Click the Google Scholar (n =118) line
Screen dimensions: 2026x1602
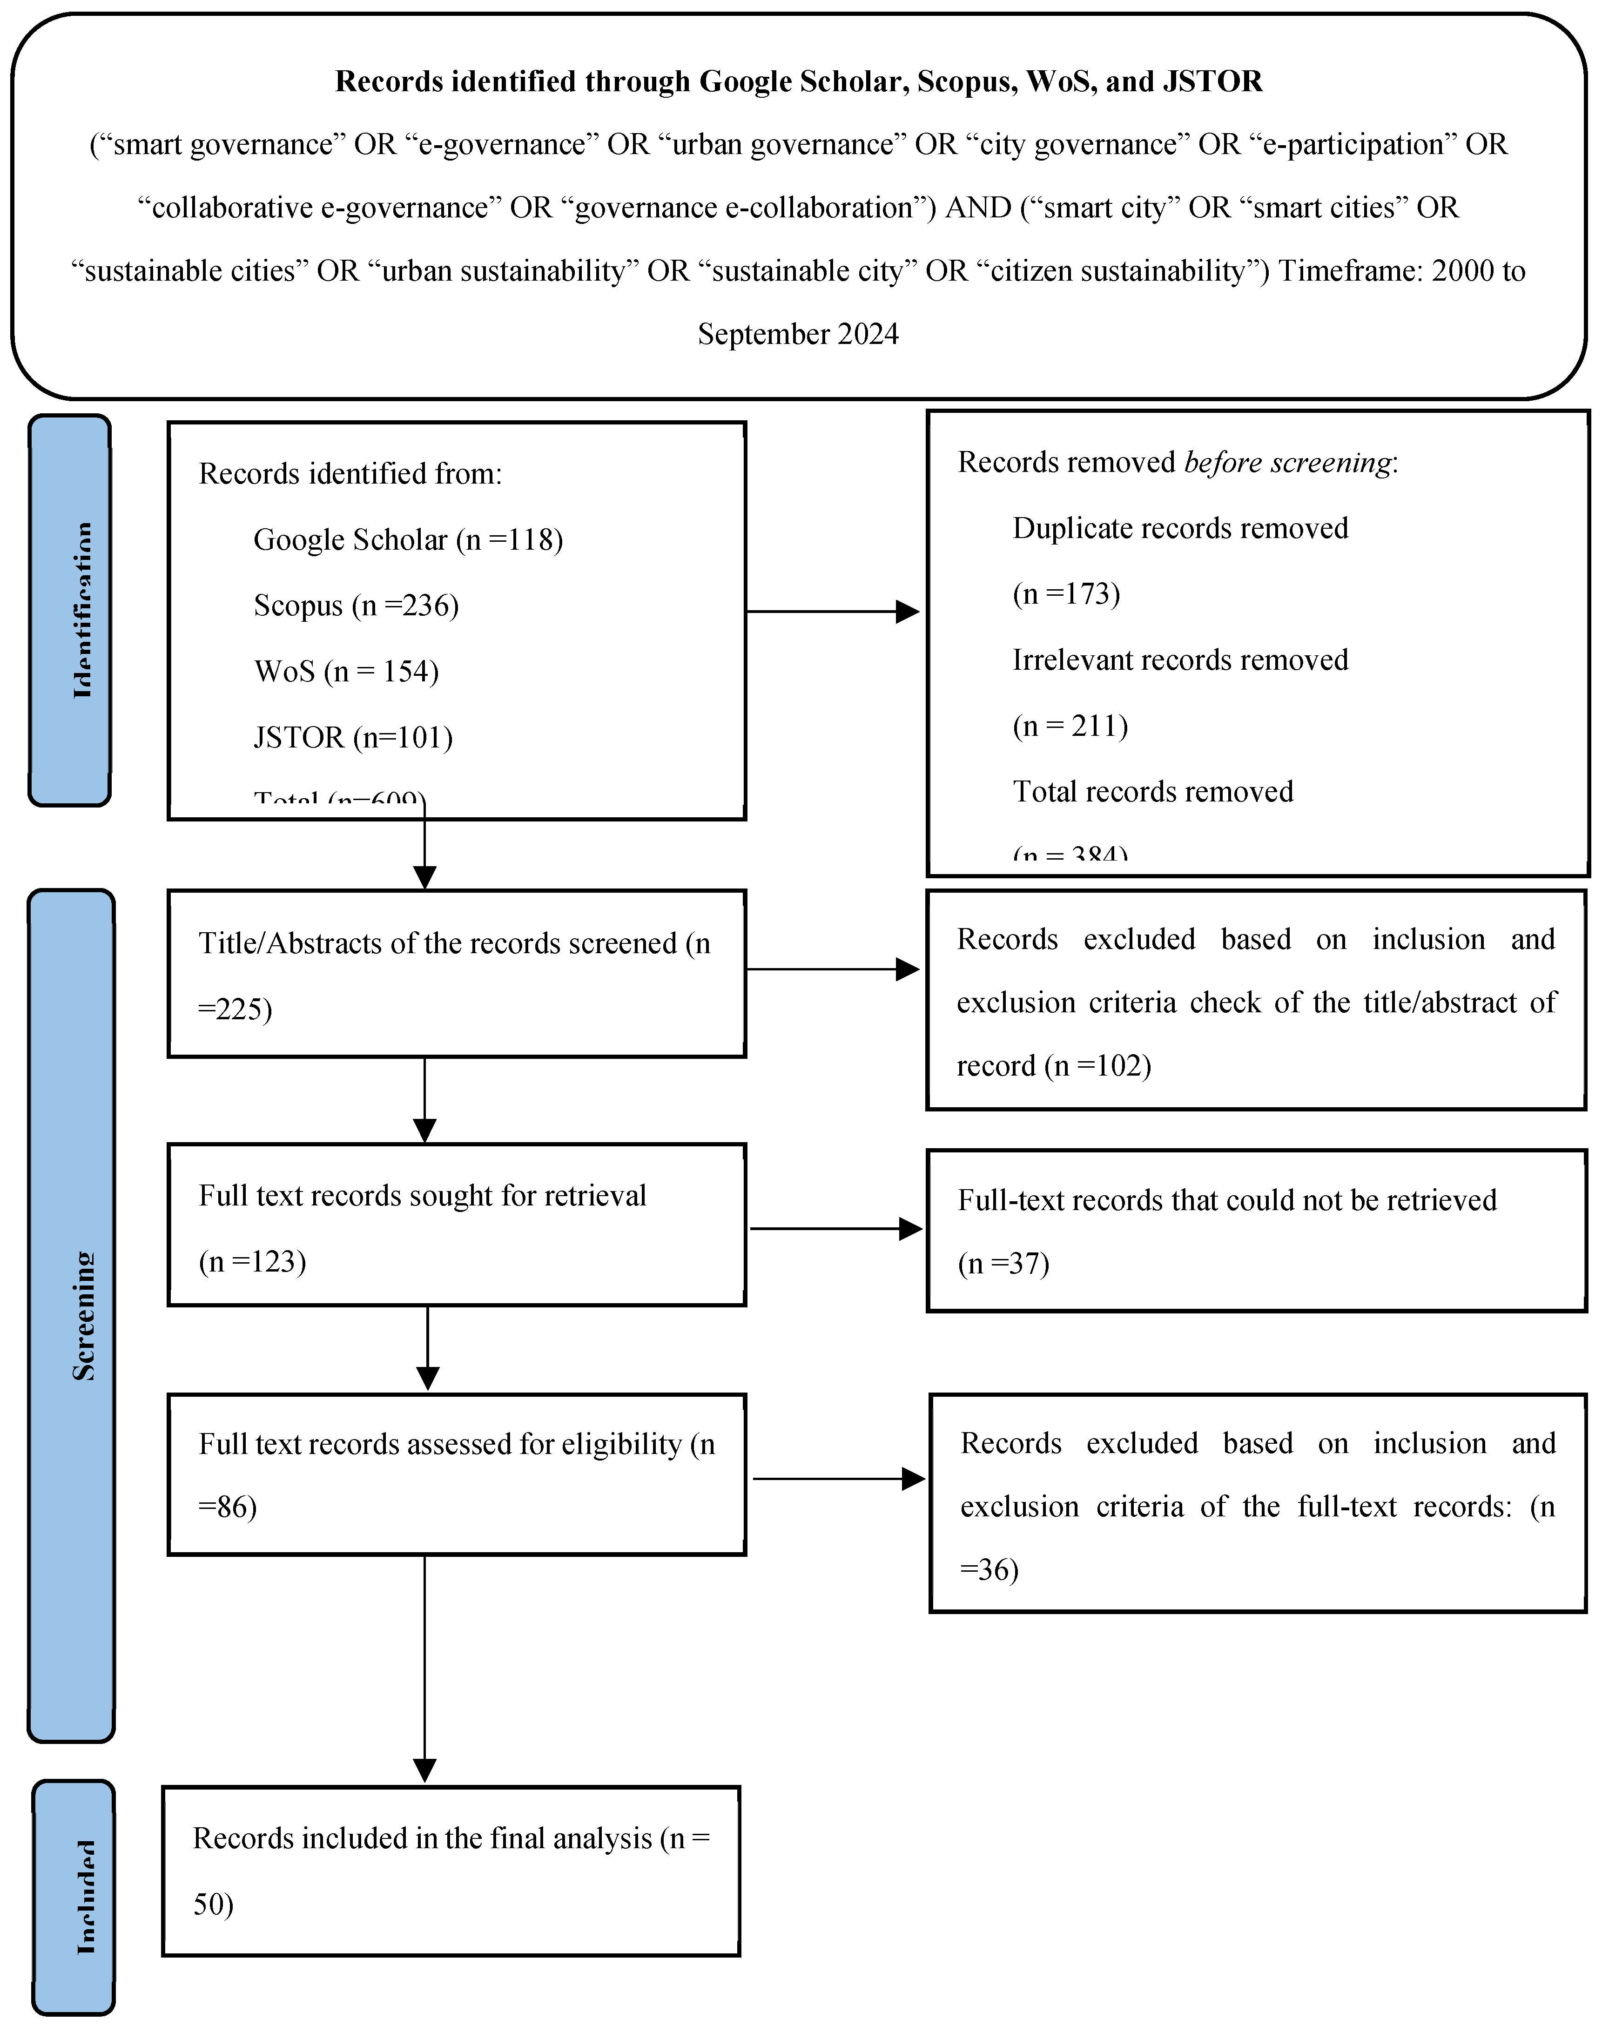pyautogui.click(x=408, y=540)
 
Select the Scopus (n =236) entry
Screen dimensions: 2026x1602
pyautogui.click(x=357, y=606)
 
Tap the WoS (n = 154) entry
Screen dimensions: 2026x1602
pyautogui.click(x=346, y=672)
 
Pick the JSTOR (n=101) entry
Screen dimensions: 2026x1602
pyautogui.click(x=353, y=737)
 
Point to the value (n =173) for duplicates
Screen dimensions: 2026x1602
pyautogui.click(x=1066, y=594)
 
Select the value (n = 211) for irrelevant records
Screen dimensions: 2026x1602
pyautogui.click(x=1070, y=726)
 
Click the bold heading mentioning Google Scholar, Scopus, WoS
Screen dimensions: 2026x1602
pyautogui.click(x=798, y=81)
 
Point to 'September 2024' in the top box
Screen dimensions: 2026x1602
pyautogui.click(x=798, y=334)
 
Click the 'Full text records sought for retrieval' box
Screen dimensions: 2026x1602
pyautogui.click(x=457, y=1225)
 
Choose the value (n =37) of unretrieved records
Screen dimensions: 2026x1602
pyautogui.click(x=1003, y=1265)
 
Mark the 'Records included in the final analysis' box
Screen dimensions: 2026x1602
pyautogui.click(x=451, y=1871)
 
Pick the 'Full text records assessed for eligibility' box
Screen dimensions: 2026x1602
pyautogui.click(x=457, y=1474)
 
